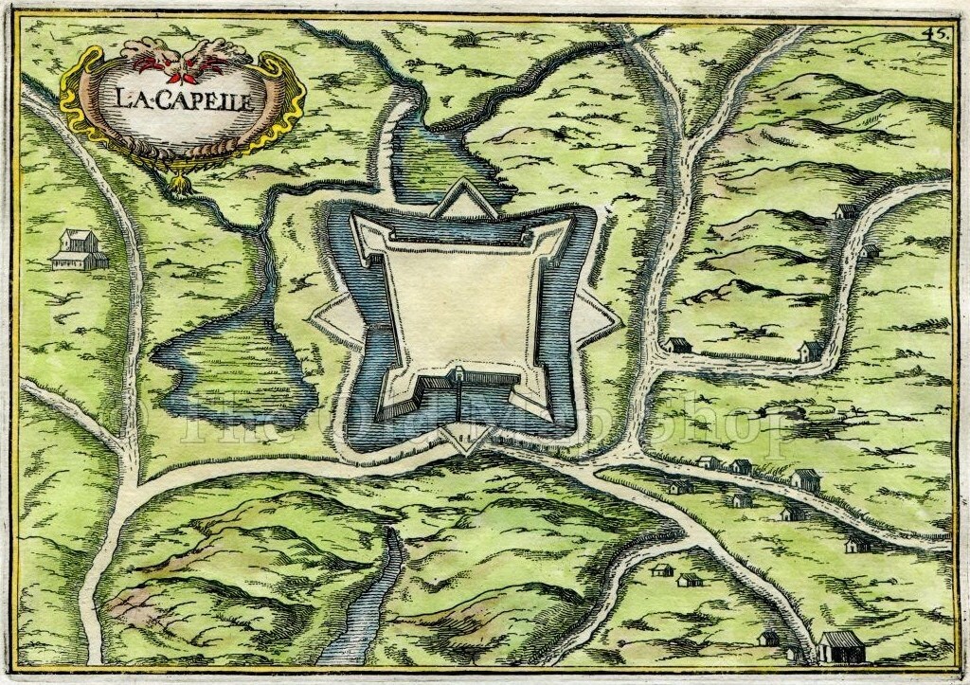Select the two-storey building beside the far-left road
coord(79,249)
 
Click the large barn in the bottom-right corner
coord(837,649)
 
